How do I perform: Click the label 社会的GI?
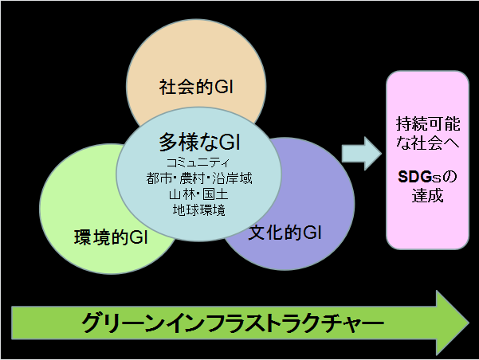[x=196, y=87]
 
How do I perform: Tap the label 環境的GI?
[x=112, y=237]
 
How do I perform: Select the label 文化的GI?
[x=285, y=233]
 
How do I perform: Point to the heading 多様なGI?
[x=199, y=142]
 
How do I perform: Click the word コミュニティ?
[x=198, y=162]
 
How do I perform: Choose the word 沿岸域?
[x=232, y=178]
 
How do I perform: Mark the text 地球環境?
[x=199, y=210]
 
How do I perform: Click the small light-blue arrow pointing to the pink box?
[x=362, y=154]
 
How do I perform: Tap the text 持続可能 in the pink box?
[x=428, y=124]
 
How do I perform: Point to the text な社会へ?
[x=428, y=143]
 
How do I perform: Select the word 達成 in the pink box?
[x=427, y=196]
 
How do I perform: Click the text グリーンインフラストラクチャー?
[x=232, y=323]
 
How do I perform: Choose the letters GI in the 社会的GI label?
[x=224, y=87]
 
